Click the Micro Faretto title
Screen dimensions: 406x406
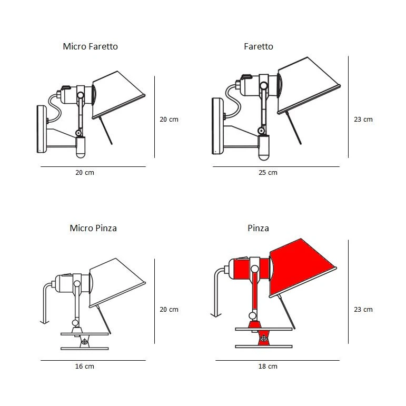point(90,46)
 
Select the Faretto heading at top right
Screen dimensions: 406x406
point(259,46)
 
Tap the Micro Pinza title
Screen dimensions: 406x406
point(93,228)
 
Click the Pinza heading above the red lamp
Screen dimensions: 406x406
point(258,228)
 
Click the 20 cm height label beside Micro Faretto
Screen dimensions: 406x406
point(169,120)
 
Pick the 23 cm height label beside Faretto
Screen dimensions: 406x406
point(363,120)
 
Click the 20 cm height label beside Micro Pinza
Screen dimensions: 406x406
point(169,310)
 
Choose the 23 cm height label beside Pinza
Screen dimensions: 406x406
point(363,310)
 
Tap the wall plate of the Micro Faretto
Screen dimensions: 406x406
point(41,129)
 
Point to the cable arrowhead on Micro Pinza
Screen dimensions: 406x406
point(44,321)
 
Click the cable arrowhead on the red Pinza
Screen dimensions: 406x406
point(215,314)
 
